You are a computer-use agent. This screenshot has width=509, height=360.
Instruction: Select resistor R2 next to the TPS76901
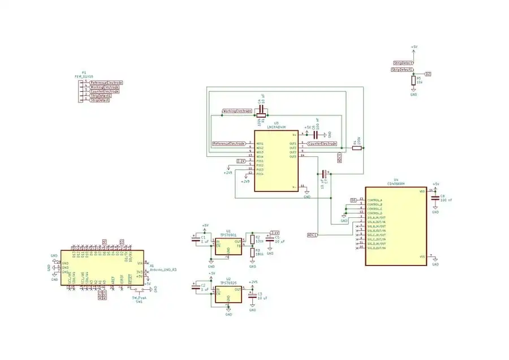click(252, 239)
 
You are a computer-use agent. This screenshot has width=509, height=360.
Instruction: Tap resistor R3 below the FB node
click(252, 252)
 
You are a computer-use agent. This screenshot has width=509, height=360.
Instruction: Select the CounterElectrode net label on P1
click(105, 91)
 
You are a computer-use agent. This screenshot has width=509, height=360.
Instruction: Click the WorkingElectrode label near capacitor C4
click(238, 111)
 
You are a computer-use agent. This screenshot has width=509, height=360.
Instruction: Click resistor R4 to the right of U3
click(356, 148)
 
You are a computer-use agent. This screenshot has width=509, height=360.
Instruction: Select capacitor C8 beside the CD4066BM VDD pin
click(435, 199)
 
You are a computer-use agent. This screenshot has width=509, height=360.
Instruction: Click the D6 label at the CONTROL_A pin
click(353, 200)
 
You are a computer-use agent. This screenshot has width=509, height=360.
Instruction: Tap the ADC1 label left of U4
click(312, 234)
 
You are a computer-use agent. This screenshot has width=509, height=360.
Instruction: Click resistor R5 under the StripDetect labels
click(413, 81)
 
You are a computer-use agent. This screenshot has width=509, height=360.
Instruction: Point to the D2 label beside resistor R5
click(428, 74)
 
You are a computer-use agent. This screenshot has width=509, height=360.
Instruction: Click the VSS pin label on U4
click(421, 256)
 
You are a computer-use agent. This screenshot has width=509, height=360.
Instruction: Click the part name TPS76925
click(228, 282)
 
